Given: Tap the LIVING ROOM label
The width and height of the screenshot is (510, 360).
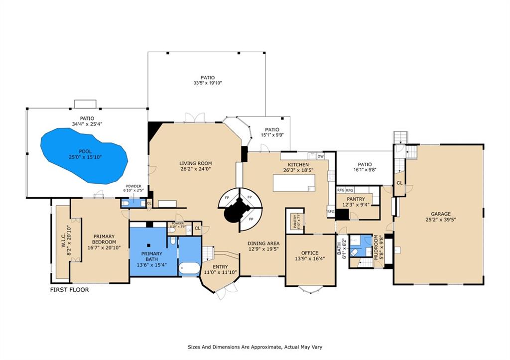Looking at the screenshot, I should point(196,163).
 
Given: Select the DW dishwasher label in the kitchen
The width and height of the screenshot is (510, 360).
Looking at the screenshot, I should point(320,156).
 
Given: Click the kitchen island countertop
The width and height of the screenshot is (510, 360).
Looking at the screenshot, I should point(294,182).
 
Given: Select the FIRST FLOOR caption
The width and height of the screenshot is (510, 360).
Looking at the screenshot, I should point(69,289).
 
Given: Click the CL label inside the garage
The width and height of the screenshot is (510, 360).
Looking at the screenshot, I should point(399,182).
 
